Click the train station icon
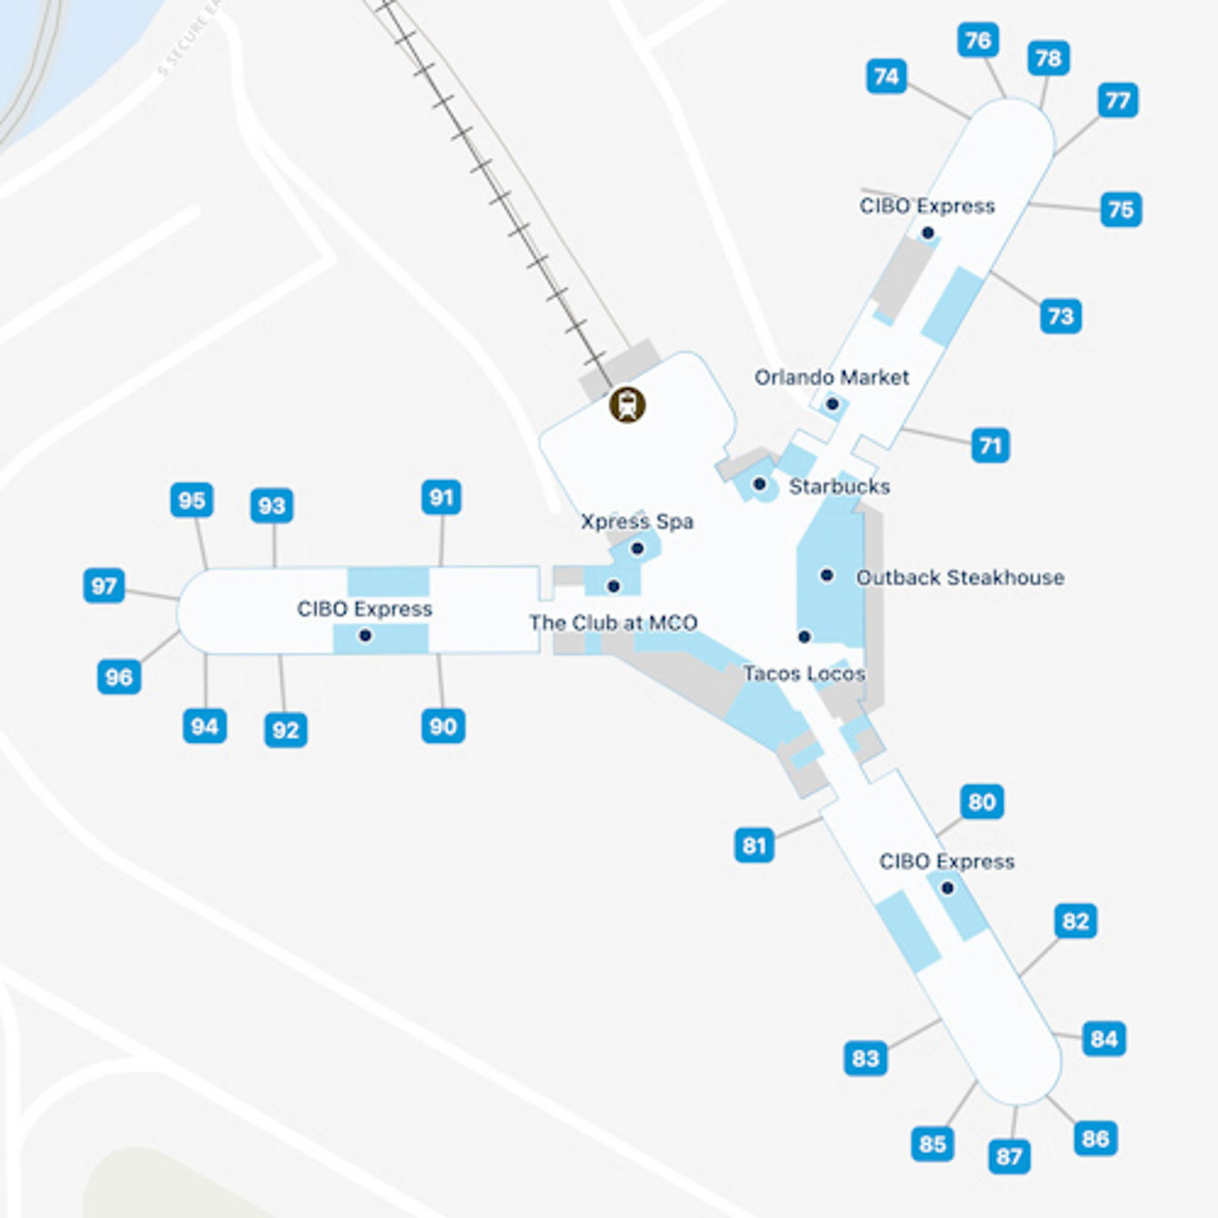click(627, 405)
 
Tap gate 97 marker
click(104, 586)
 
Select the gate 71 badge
click(990, 445)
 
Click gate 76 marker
click(978, 40)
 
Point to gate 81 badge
click(754, 846)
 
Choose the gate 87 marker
click(1009, 1156)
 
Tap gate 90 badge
click(443, 726)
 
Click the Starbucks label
click(839, 486)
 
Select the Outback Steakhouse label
click(959, 577)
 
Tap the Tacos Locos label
click(804, 673)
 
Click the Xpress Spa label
click(637, 522)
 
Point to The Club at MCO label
click(613, 623)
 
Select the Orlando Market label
click(831, 378)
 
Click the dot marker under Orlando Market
click(831, 404)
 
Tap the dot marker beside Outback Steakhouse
click(827, 575)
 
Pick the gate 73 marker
click(1060, 316)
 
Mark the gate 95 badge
click(192, 501)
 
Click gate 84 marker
click(1104, 1038)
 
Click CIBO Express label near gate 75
click(927, 206)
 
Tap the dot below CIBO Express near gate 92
click(365, 636)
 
